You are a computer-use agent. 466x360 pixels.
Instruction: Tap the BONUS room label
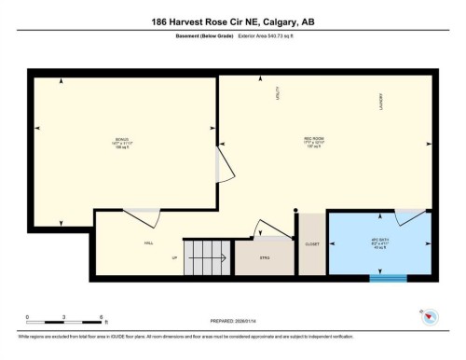pos(122,144)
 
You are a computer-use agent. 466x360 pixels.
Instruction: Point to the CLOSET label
pos(312,243)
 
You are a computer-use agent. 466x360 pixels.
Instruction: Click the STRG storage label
pos(265,258)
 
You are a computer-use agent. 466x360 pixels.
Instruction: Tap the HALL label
pos(148,243)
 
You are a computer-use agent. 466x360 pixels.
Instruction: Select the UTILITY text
pos(277,94)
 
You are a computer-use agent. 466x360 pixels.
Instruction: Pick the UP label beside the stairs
pos(173,258)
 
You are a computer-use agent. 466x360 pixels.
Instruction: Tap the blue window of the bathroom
pos(387,276)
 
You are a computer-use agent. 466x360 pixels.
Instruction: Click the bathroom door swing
pos(408,217)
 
